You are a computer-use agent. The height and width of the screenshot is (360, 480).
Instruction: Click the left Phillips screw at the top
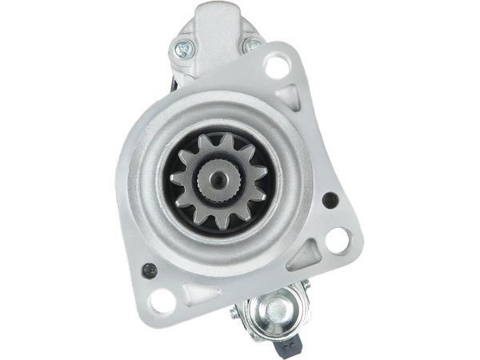pyautogui.click(x=186, y=46)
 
